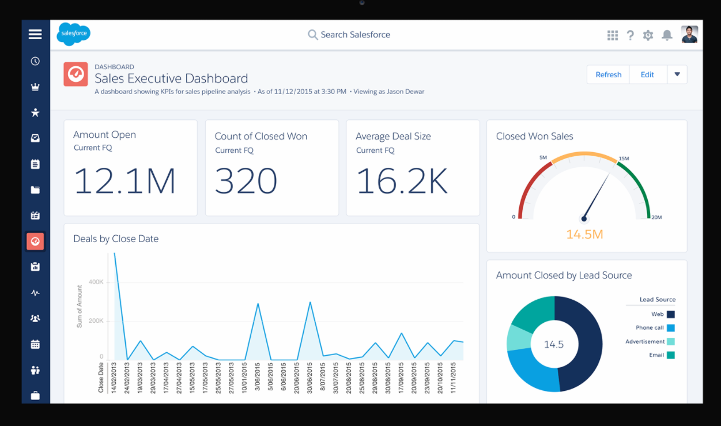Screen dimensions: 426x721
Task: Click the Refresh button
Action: tap(608, 74)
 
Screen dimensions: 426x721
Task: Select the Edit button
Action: tap(647, 74)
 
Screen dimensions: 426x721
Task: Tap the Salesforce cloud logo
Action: tap(74, 34)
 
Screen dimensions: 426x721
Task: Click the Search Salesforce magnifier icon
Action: tap(312, 35)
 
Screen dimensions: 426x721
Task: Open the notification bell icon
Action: tap(667, 35)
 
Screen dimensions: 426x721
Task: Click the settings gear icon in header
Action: tap(648, 35)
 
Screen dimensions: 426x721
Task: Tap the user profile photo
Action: tap(689, 35)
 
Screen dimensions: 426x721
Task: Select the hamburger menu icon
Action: tap(35, 34)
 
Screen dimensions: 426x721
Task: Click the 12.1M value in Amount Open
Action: tap(124, 180)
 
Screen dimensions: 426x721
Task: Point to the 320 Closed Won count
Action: tap(246, 180)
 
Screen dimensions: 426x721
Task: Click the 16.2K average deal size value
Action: tap(402, 180)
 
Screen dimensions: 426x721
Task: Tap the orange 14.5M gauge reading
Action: tap(584, 234)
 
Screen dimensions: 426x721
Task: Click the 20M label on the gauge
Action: tap(656, 217)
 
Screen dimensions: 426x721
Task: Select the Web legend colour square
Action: tap(670, 314)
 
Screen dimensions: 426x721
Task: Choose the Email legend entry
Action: tap(656, 355)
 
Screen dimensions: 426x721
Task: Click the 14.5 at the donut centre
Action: tap(554, 344)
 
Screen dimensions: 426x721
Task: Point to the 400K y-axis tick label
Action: tap(96, 282)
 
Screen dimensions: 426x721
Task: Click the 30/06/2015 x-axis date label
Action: tap(310, 378)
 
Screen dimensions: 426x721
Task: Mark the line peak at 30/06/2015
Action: tap(310, 302)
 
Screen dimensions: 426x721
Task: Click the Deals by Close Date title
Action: tap(116, 239)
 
